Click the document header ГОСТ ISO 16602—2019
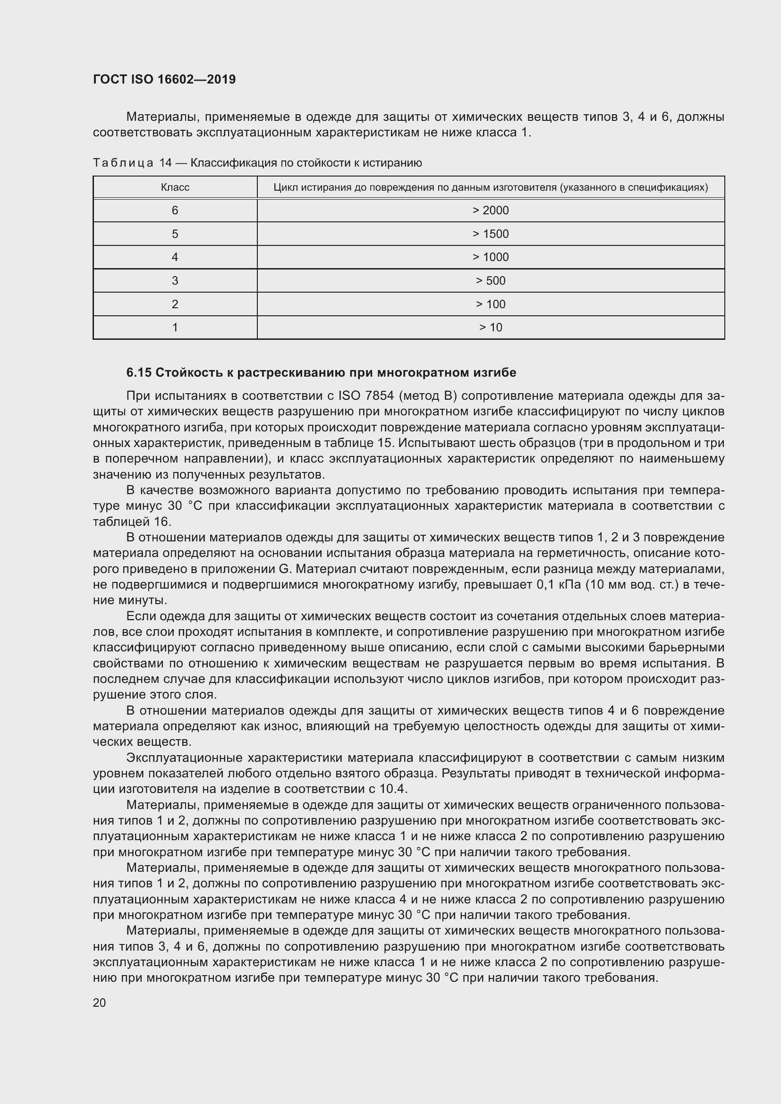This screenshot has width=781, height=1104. pos(164,79)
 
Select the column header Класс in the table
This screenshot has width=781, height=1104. pos(175,187)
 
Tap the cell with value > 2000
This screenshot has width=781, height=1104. pos(490,210)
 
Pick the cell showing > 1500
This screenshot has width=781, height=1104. pos(490,234)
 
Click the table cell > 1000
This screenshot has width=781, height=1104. pos(490,257)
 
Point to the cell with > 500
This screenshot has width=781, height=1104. pos(490,280)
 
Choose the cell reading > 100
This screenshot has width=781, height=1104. pos(490,304)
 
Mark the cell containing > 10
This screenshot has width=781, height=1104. pos(490,328)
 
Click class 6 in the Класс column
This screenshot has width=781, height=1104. pos(175,210)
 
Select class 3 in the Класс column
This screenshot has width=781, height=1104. pos(175,280)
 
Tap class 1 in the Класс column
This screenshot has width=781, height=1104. pos(175,328)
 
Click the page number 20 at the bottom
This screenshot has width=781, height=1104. pos(99,1003)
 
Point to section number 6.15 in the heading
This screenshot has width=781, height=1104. pos(138,373)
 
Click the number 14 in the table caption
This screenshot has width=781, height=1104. pos(165,163)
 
